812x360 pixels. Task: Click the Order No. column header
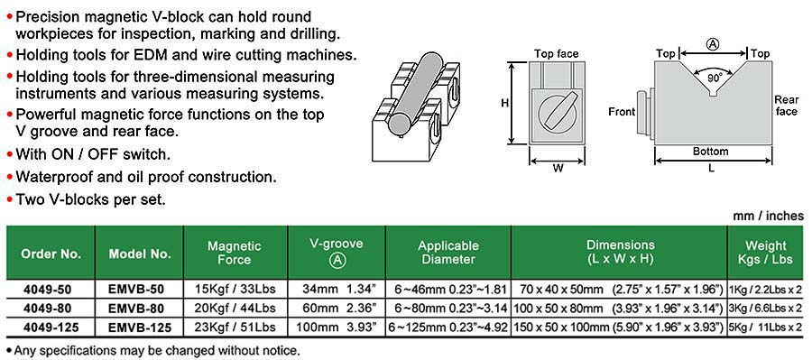(x=51, y=254)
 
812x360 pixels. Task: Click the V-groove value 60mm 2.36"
(x=337, y=309)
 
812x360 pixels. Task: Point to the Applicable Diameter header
(x=448, y=253)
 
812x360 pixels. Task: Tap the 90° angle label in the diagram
(x=715, y=78)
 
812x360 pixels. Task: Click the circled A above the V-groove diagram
(x=713, y=45)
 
